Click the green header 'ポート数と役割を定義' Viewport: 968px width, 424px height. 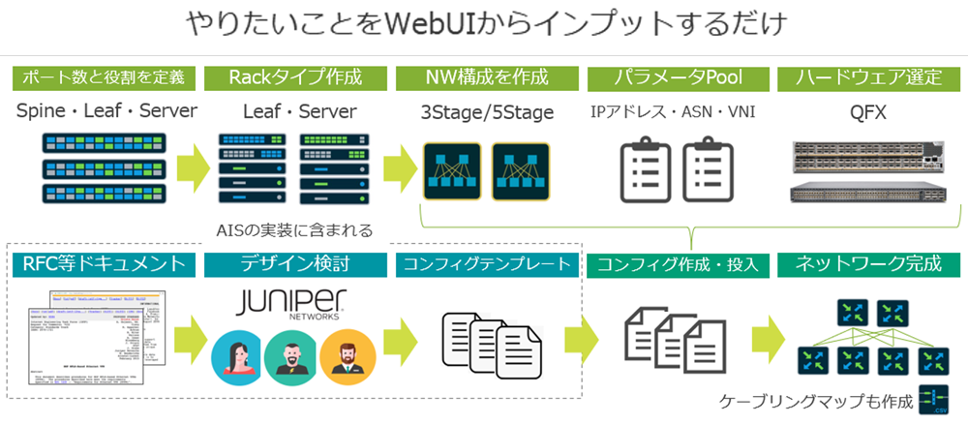pyautogui.click(x=104, y=76)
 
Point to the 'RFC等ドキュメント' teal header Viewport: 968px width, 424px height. pyautogui.click(x=104, y=262)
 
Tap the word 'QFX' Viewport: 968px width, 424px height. pyautogui.click(x=867, y=111)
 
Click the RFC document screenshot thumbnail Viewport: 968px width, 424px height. pyautogui.click(x=96, y=344)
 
